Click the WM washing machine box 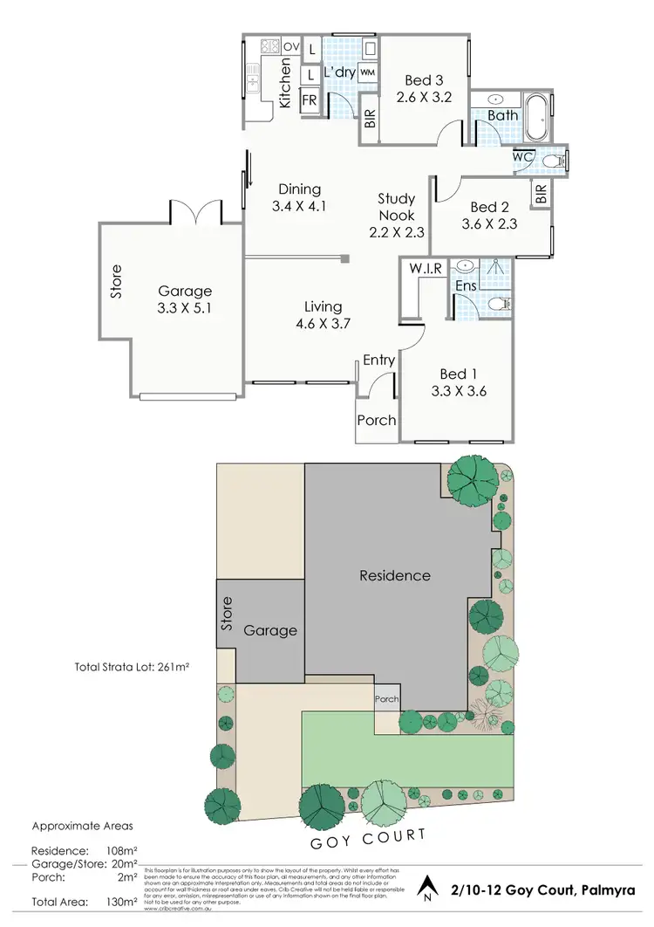[366, 72]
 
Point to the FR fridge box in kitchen [309, 100]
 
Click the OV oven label [290, 46]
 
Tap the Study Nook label [396, 207]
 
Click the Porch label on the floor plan [377, 420]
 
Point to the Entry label [379, 360]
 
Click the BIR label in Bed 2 [541, 194]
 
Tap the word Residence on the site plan [395, 575]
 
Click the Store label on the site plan [228, 614]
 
